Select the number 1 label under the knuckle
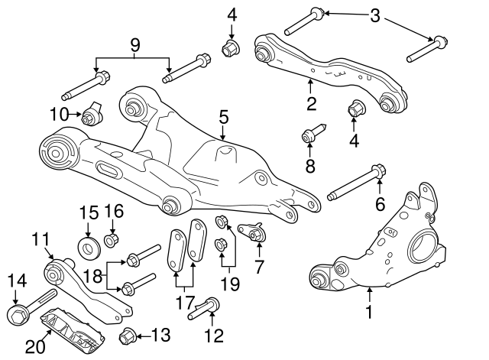[x=370, y=311]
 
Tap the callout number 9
[x=134, y=45]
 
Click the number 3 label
[x=374, y=15]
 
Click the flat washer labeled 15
[x=89, y=248]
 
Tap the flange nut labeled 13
[x=128, y=334]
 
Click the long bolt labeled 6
[x=355, y=183]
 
